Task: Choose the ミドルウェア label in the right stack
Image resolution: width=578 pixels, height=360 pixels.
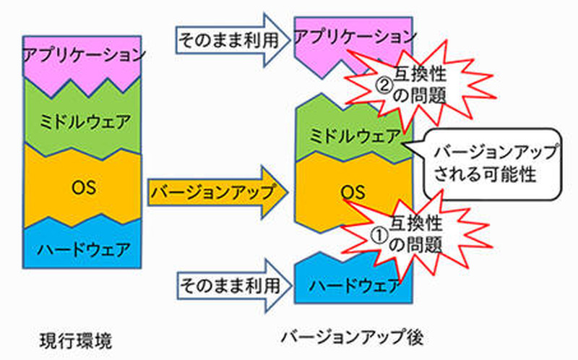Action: [x=354, y=136]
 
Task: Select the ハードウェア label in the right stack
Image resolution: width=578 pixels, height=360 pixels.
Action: [x=354, y=285]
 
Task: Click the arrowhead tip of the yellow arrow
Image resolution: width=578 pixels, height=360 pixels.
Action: [x=287, y=192]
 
